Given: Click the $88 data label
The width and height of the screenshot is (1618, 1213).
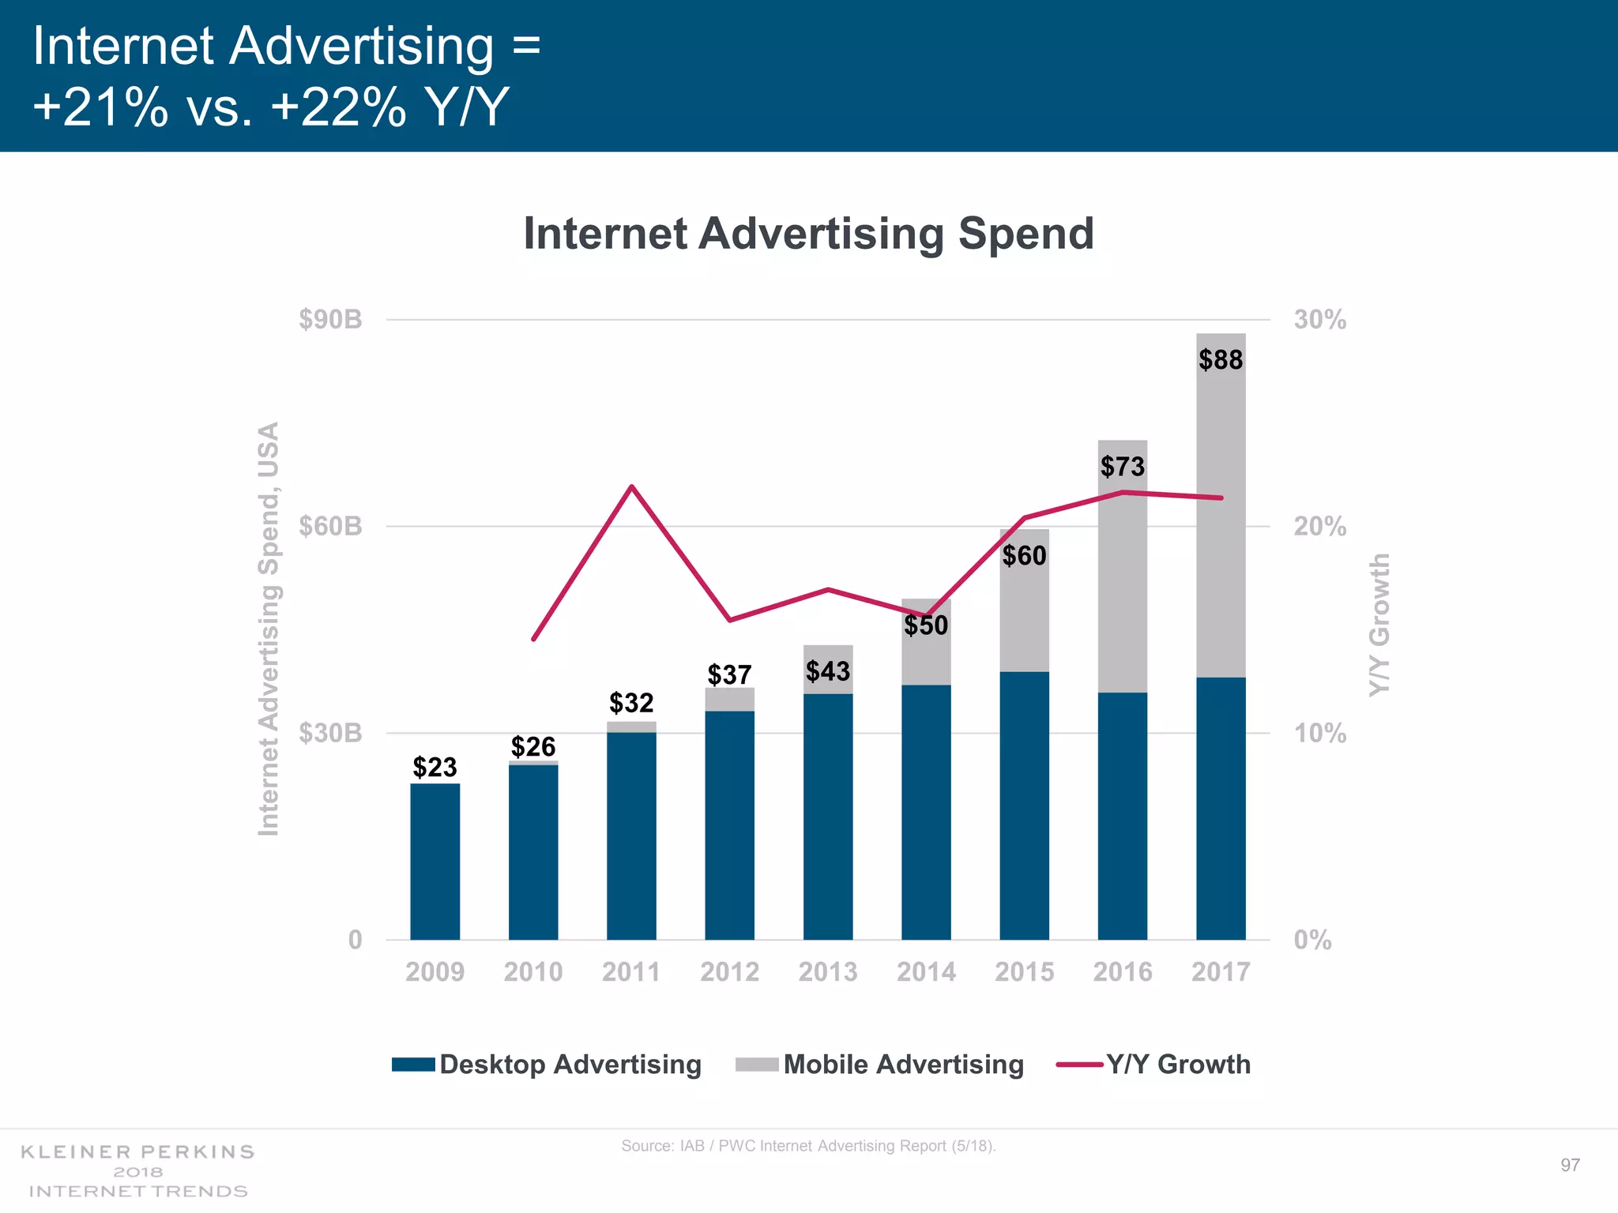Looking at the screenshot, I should (x=1221, y=360).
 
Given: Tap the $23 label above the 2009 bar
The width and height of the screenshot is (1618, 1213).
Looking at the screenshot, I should (x=435, y=767).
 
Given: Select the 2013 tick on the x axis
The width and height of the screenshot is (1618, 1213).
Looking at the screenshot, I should (x=827, y=971).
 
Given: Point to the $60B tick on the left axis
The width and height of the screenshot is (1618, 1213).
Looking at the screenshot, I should (x=330, y=526).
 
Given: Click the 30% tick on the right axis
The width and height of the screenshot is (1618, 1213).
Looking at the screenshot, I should (x=1319, y=320).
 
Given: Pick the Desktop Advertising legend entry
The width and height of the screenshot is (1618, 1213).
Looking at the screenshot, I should (x=547, y=1065).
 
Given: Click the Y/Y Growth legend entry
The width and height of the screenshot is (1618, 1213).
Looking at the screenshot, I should (x=1154, y=1065).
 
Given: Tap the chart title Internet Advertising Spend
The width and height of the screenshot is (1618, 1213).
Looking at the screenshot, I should (x=808, y=234).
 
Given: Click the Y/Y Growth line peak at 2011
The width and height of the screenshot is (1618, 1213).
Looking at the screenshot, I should (x=631, y=486).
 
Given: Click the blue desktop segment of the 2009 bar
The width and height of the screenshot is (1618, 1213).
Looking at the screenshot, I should (x=435, y=861).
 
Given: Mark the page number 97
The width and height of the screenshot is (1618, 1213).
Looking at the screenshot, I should (x=1570, y=1165).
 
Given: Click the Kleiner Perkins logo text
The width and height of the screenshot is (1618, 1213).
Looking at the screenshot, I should (x=137, y=1170).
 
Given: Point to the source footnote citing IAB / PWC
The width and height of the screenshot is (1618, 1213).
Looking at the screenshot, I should (x=808, y=1146).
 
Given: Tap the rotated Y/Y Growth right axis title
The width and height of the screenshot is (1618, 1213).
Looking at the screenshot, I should (x=1379, y=624).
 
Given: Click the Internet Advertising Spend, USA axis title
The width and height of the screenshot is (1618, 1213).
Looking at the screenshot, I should (x=269, y=629).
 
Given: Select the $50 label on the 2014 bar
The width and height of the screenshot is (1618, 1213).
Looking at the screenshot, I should (x=926, y=625).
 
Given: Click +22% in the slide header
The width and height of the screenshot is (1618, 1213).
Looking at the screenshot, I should (x=338, y=107).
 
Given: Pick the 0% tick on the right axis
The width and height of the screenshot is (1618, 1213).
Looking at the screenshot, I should (x=1312, y=940).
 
